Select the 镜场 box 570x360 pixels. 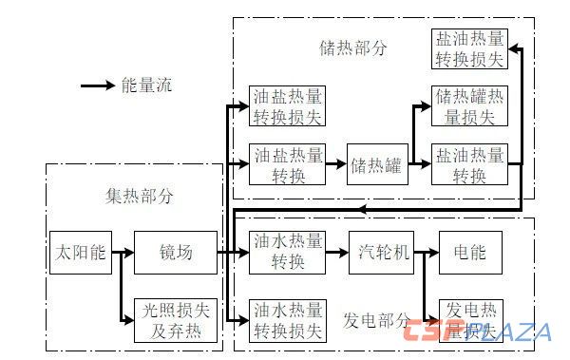coord(176,253)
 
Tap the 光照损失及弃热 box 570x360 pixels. coord(176,320)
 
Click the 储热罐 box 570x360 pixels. coord(375,164)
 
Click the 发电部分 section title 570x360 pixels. coord(378,319)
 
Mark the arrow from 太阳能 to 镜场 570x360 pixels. coord(122,253)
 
